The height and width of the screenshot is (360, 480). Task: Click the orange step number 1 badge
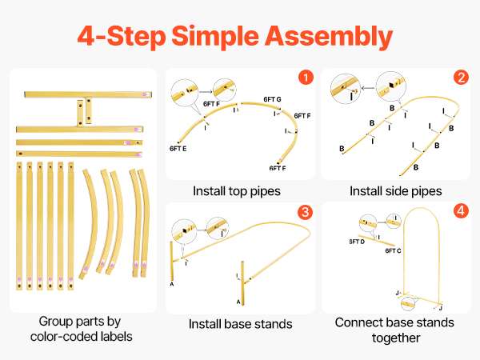coord(305,78)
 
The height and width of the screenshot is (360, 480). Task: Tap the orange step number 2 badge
coord(461,78)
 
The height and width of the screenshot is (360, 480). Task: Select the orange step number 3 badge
coord(305,212)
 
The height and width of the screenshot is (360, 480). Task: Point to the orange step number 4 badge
coord(461,212)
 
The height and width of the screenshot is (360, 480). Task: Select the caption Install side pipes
coord(395,191)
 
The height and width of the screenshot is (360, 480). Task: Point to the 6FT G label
coord(273,100)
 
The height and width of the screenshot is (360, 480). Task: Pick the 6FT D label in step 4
coord(357,240)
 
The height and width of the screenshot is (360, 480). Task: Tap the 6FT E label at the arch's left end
coord(178,148)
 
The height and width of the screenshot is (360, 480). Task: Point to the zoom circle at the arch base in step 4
coord(411,304)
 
